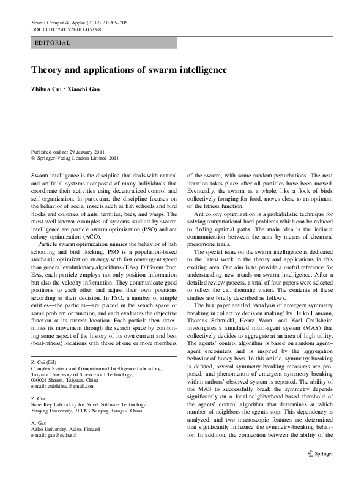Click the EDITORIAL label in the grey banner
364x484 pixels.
pyautogui.click(x=54, y=43)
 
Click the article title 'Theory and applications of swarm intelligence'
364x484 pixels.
pyautogui.click(x=128, y=70)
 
